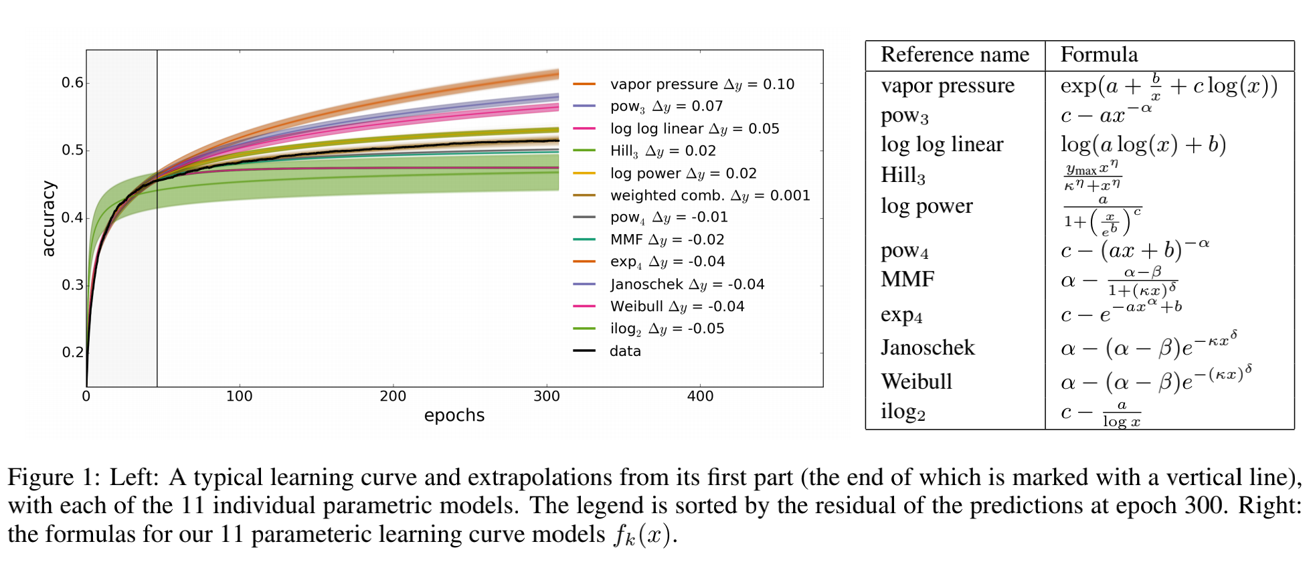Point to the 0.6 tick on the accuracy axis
[72, 83]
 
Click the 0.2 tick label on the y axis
[72, 352]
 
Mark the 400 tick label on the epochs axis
[700, 396]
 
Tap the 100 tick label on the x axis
[239, 396]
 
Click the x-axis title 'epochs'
[454, 415]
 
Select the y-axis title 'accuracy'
[48, 218]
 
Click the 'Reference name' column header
[954, 55]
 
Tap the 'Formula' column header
[1099, 55]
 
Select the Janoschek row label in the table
[928, 348]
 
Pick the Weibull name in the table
[916, 381]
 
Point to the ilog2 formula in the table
[1101, 413]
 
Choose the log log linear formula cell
[1143, 145]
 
